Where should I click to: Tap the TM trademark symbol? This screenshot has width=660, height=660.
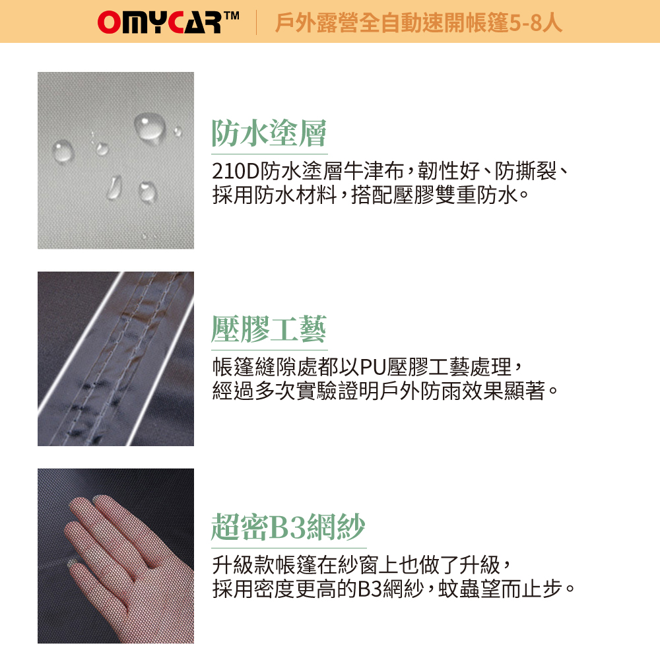click(231, 16)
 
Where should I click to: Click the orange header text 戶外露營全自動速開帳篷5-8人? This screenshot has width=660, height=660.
click(418, 22)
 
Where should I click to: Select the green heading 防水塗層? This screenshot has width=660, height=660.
click(269, 133)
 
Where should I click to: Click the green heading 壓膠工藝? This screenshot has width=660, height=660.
click(269, 329)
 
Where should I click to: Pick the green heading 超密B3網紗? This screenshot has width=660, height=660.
click(288, 527)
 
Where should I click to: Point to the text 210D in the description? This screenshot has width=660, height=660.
click(236, 171)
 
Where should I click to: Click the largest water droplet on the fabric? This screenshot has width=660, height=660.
click(150, 126)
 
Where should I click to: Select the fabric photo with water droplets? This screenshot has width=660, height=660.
click(115, 160)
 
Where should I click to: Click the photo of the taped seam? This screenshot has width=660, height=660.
click(115, 358)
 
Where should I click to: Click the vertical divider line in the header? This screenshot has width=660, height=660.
click(256, 22)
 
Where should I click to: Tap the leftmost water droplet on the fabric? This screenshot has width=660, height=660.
click(63, 151)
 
